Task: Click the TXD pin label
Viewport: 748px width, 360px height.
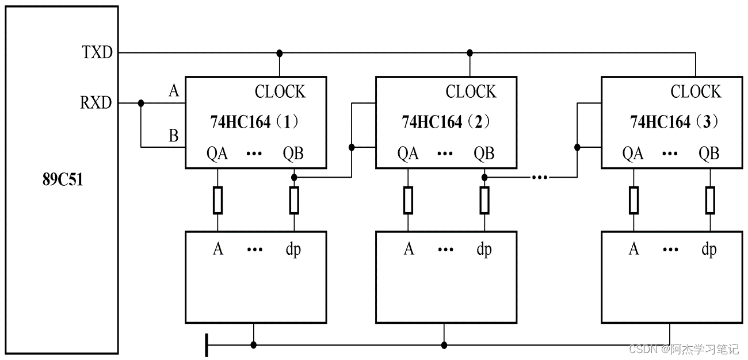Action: pyautogui.click(x=97, y=53)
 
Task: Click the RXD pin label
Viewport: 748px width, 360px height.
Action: pyautogui.click(x=96, y=104)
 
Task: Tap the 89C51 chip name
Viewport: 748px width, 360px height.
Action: pyautogui.click(x=63, y=179)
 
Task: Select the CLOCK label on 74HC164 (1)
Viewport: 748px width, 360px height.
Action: pyautogui.click(x=280, y=92)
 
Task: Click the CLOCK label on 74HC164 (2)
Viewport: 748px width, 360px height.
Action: pyautogui.click(x=471, y=92)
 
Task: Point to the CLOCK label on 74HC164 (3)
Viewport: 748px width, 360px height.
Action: pyautogui.click(x=696, y=92)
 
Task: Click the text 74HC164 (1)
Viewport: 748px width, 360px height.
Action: pyautogui.click(x=254, y=122)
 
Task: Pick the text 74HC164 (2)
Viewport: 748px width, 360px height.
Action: pyautogui.click(x=445, y=122)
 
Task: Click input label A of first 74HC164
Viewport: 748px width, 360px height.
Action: pyautogui.click(x=173, y=90)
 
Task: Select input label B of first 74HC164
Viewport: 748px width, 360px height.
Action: pyautogui.click(x=173, y=136)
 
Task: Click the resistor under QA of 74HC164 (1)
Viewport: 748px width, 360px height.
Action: pyautogui.click(x=217, y=200)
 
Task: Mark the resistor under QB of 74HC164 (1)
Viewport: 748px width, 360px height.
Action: pyautogui.click(x=294, y=200)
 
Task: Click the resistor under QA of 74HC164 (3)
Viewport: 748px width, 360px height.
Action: pyautogui.click(x=633, y=200)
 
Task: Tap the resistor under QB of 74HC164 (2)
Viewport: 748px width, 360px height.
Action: pyautogui.click(x=484, y=200)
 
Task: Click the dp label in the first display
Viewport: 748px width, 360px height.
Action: pyautogui.click(x=293, y=249)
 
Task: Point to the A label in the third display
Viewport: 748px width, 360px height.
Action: pyautogui.click(x=633, y=249)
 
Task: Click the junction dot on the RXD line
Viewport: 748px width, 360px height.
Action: pyautogui.click(x=141, y=104)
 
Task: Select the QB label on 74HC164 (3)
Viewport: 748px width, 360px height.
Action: pyautogui.click(x=709, y=154)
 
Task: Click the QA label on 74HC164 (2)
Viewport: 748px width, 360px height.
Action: pyautogui.click(x=408, y=154)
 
